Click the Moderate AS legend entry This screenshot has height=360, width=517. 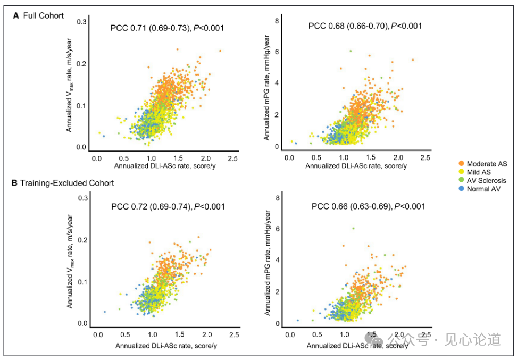pyautogui.click(x=483, y=164)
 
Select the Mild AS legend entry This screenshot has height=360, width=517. pyautogui.click(x=474, y=172)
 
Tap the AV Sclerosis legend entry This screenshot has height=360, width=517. pyautogui.click(x=482, y=181)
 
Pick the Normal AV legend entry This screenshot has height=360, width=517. pyautogui.click(x=479, y=189)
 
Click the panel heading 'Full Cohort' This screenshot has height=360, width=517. pyautogui.click(x=43, y=15)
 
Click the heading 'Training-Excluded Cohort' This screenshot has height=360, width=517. pyautogui.click(x=67, y=183)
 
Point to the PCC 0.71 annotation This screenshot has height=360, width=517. pyautogui.click(x=167, y=28)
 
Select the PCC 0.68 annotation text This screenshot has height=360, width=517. pyautogui.click(x=365, y=26)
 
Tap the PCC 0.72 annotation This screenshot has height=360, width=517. pyautogui.click(x=168, y=207)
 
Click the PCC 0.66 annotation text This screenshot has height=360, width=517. pyautogui.click(x=368, y=206)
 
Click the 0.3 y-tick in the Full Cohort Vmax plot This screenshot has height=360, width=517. pyautogui.click(x=82, y=22)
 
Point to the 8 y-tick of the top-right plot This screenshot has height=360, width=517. pyautogui.click(x=277, y=21)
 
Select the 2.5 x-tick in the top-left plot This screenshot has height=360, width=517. pyautogui.click(x=233, y=158)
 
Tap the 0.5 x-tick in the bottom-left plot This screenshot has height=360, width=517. pyautogui.click(x=125, y=334)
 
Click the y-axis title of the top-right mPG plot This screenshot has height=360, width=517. pyautogui.click(x=266, y=87)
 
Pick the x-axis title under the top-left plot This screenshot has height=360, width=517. pyautogui.click(x=165, y=166)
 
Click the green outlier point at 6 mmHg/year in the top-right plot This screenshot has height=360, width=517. pyautogui.click(x=351, y=51)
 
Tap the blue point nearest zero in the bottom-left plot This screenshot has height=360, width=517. pyautogui.click(x=105, y=312)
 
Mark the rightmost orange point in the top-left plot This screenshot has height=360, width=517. pyautogui.click(x=220, y=51)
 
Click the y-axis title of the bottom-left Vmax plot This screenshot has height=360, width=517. pyautogui.click(x=70, y=262)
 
